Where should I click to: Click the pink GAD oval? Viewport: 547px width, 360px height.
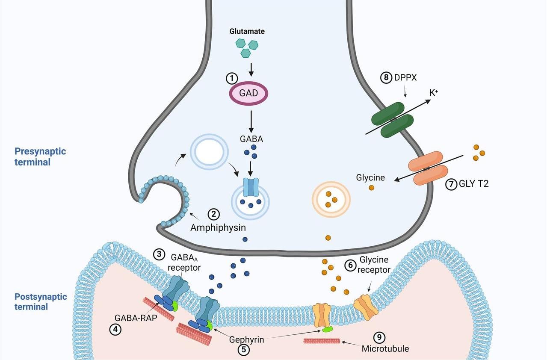pos(249,93)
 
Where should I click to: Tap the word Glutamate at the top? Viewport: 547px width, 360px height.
pos(247,31)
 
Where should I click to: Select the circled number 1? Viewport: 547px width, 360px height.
pos(231,78)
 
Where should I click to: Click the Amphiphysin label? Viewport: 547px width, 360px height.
pos(218,228)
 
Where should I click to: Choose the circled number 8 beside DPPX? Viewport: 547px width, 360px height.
pos(385,78)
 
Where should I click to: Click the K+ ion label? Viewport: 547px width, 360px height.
pos(434,92)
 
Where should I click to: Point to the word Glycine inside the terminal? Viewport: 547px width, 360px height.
pos(370,177)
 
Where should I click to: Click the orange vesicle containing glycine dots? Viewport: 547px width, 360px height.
pos(331,199)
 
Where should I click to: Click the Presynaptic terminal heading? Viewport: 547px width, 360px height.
pos(40,156)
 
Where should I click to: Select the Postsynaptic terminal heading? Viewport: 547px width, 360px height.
pos(41,301)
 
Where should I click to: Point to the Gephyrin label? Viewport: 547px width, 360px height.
pos(246,340)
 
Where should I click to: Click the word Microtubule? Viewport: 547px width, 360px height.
pos(385,348)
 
